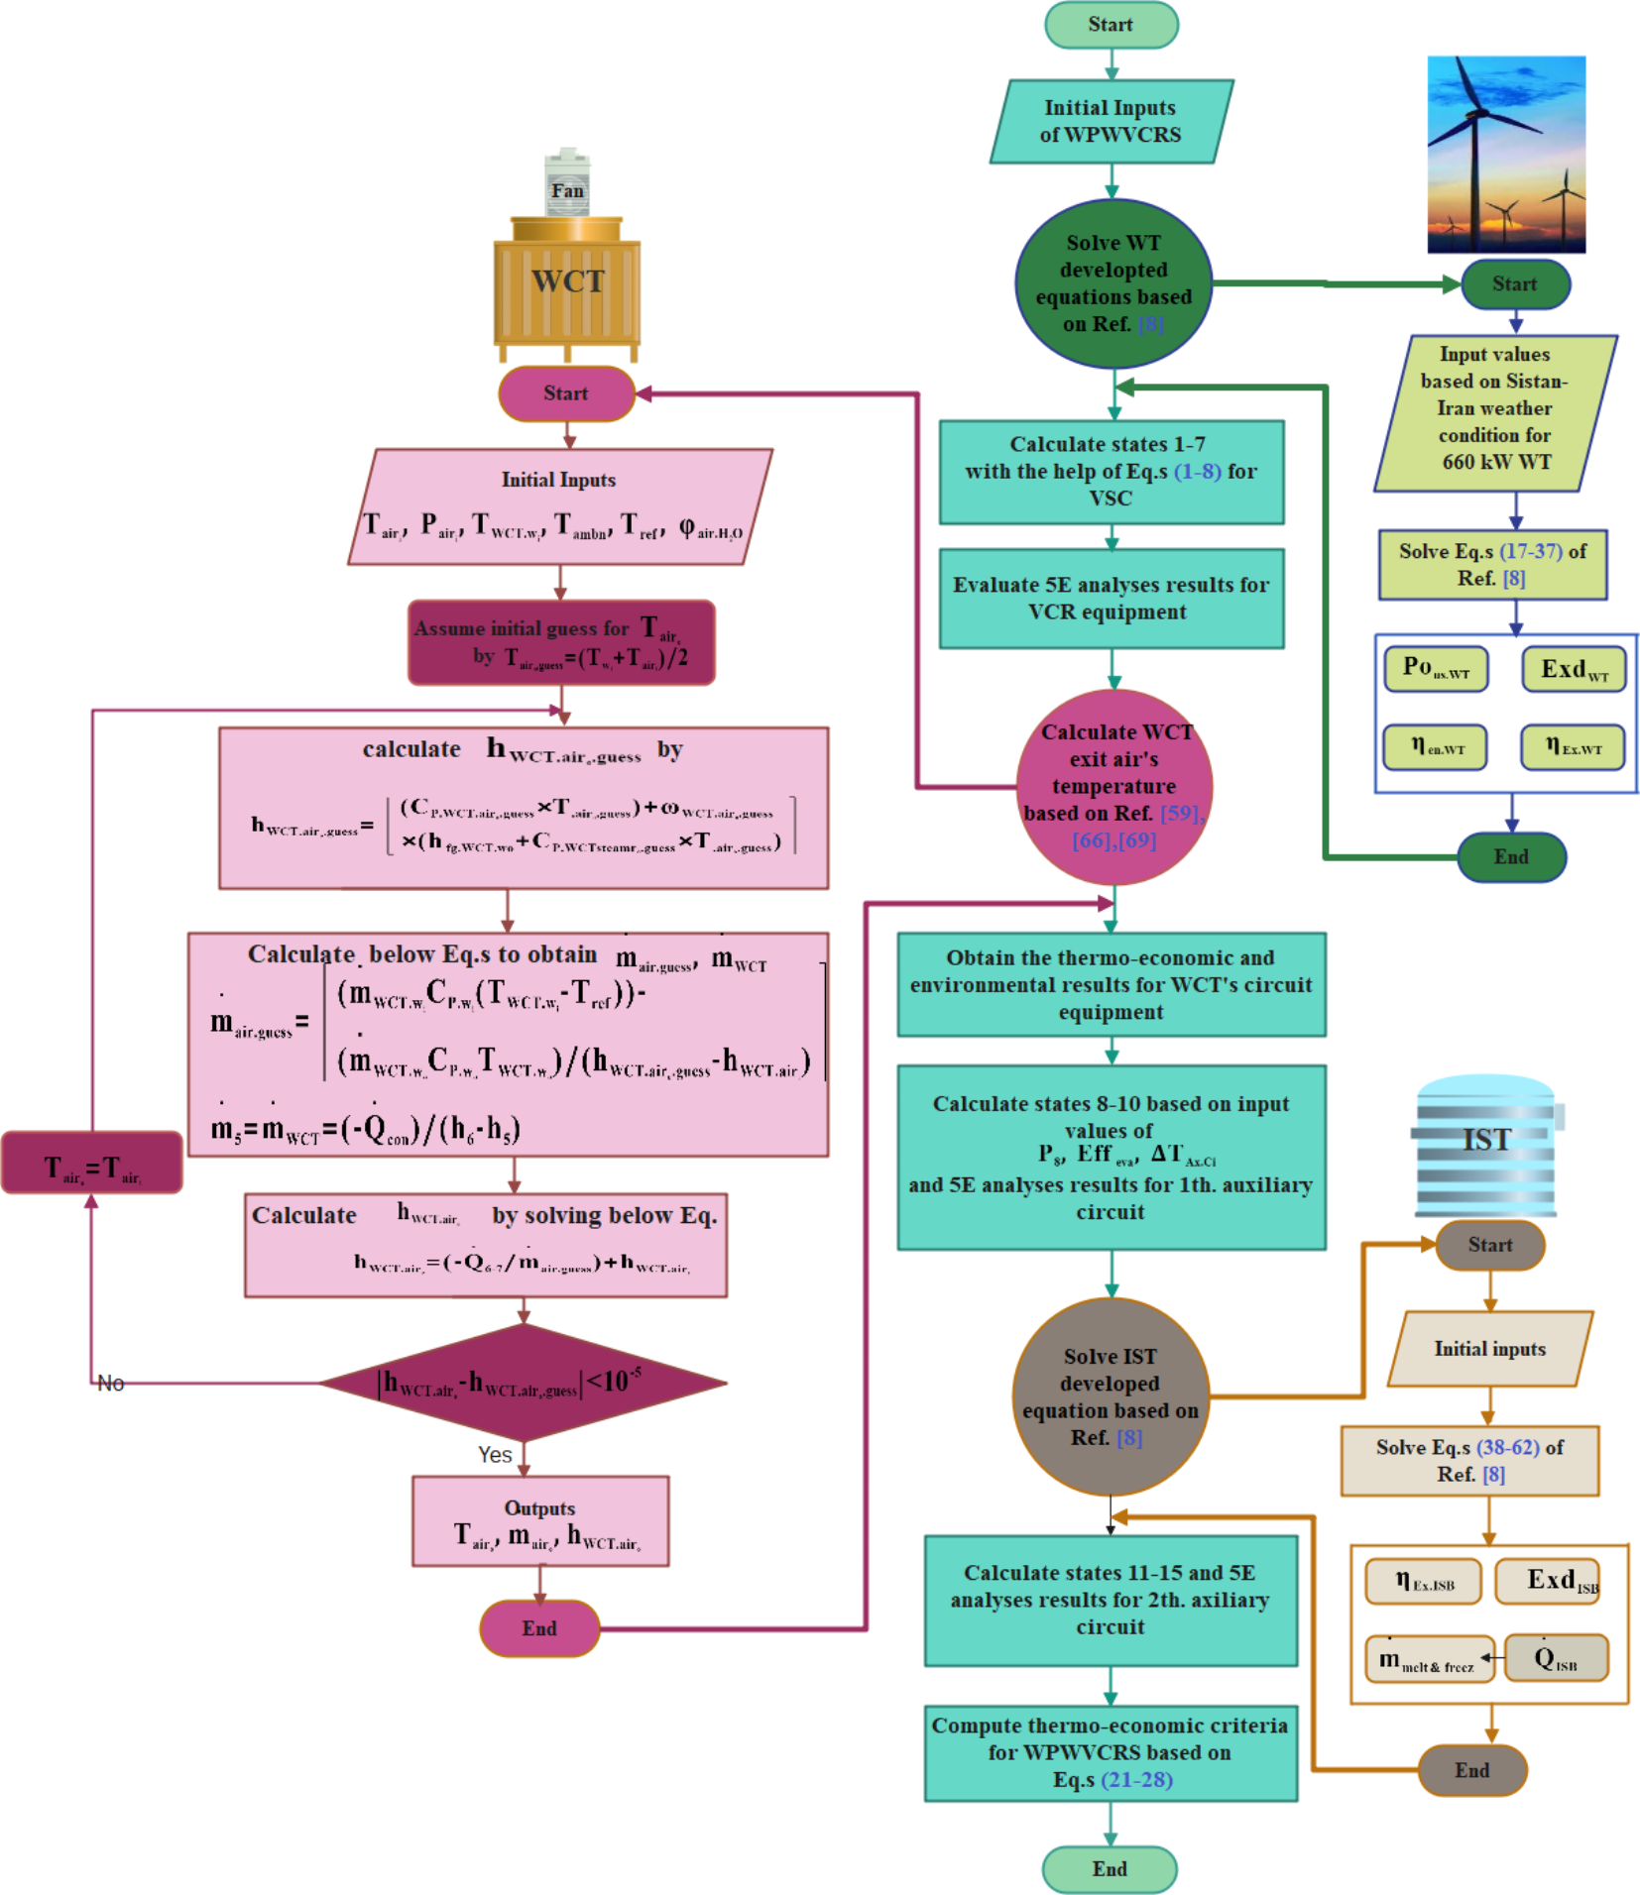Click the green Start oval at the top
click(x=1111, y=25)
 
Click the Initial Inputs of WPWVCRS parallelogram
click(x=1111, y=121)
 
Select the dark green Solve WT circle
click(x=1113, y=283)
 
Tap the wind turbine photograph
click(x=1505, y=154)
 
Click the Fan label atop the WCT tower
click(x=567, y=189)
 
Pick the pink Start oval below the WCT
click(x=566, y=393)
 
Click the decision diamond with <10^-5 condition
click(x=523, y=1382)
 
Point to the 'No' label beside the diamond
click(x=110, y=1383)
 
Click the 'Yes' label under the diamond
click(x=495, y=1454)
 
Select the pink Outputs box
click(x=540, y=1521)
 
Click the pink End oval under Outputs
click(x=539, y=1628)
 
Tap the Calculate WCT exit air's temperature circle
click(x=1114, y=786)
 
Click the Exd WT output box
click(x=1574, y=670)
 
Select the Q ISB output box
click(x=1556, y=1658)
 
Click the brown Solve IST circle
click(x=1111, y=1395)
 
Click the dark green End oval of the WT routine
click(x=1511, y=856)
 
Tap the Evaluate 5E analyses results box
click(x=1111, y=599)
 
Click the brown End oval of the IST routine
click(x=1472, y=1770)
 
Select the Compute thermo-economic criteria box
click(x=1111, y=1752)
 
